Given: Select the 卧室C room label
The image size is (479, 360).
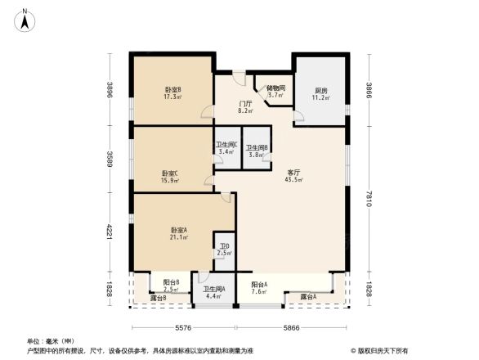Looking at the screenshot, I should (171, 176).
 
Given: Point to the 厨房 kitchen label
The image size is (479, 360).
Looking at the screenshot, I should (321, 94).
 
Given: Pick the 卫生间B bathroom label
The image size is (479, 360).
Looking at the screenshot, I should (257, 151).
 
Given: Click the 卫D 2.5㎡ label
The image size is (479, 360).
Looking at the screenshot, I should (223, 250).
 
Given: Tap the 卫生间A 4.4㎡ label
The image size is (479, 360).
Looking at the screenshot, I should (214, 292).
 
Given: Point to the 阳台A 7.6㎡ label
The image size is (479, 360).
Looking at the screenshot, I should (259, 287).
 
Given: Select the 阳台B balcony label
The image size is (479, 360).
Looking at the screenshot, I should (171, 286).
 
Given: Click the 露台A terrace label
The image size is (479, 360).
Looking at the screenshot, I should (307, 296).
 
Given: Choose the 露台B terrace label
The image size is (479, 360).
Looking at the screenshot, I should (159, 298).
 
